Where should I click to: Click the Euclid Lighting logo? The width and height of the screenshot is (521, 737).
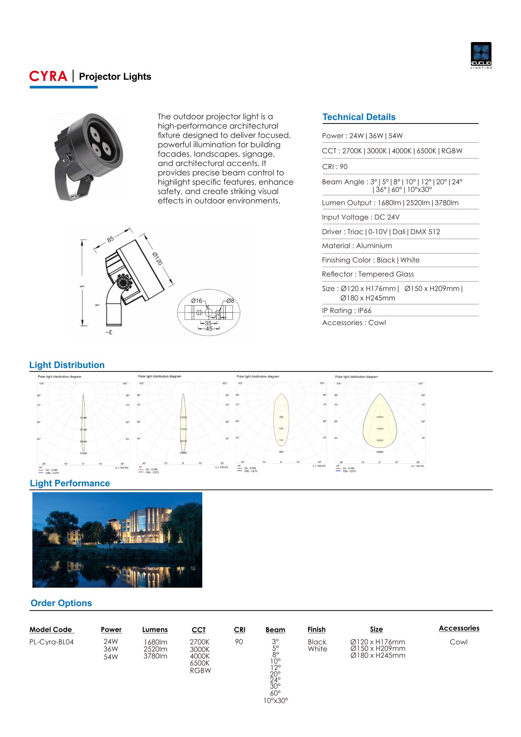tap(481, 55)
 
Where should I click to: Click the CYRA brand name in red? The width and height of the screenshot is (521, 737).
tap(48, 77)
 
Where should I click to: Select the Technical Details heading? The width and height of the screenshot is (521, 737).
tap(359, 117)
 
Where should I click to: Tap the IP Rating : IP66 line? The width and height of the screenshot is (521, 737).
tap(346, 310)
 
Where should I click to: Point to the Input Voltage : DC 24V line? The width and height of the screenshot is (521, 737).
tap(360, 217)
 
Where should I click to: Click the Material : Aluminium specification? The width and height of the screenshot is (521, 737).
tap(357, 246)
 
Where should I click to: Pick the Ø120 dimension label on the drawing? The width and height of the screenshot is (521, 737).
tap(158, 258)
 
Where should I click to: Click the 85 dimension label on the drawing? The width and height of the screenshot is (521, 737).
tap(110, 239)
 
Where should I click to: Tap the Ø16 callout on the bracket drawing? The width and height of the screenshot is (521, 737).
tap(197, 301)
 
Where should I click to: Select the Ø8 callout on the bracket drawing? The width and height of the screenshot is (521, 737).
tap(230, 301)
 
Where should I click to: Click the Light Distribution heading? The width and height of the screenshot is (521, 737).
tap(67, 365)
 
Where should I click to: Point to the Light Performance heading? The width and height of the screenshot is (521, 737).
tap(70, 483)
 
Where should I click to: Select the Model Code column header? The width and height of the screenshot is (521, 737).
tap(51, 630)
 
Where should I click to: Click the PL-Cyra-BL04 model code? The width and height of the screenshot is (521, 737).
tap(51, 642)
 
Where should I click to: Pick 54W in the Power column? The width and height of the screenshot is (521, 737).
tap(111, 657)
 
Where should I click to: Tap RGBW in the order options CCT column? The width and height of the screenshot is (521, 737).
tap(200, 670)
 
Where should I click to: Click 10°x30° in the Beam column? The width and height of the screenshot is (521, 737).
tap(275, 701)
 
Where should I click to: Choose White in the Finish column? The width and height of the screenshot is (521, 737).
tap(317, 649)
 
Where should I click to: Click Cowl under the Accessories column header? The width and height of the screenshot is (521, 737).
tap(458, 642)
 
